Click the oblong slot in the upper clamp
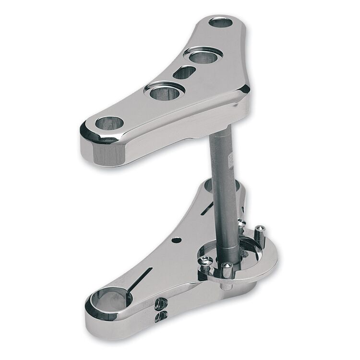click(184, 72)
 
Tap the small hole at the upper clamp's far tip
click(220, 22)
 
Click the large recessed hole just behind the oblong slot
click(203, 56)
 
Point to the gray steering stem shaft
click(224, 192)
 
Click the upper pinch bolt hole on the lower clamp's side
click(161, 303)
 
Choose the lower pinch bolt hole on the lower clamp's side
click(162, 315)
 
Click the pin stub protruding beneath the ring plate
click(226, 287)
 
